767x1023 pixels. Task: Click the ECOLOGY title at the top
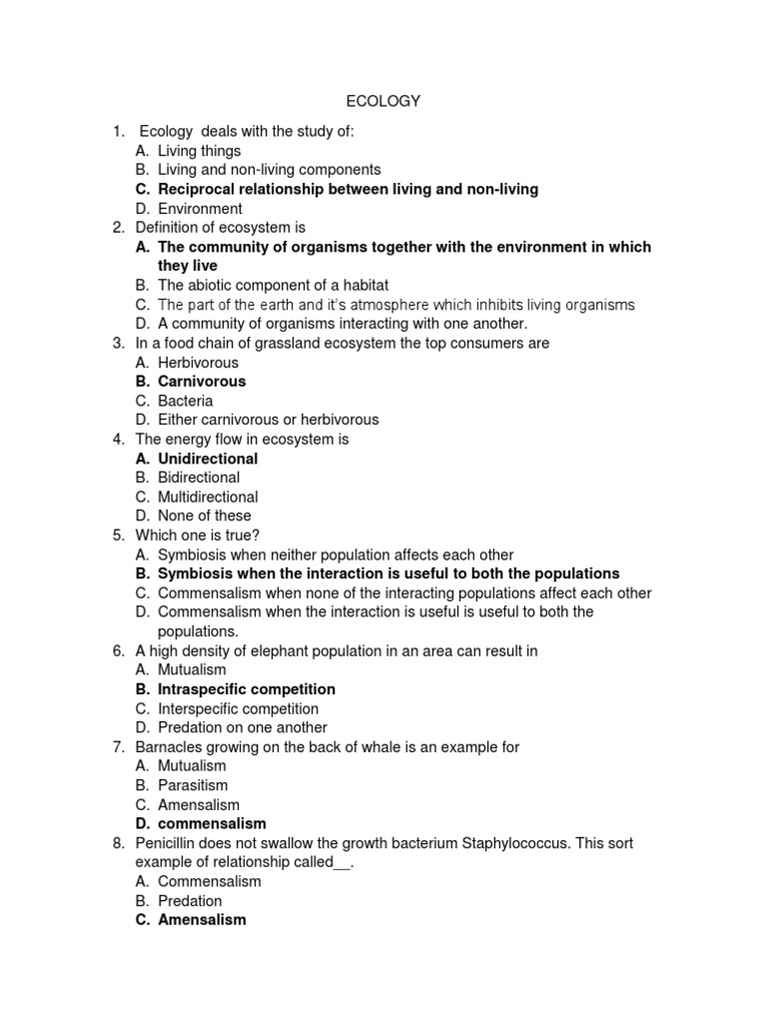click(x=383, y=101)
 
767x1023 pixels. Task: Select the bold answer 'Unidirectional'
click(x=208, y=459)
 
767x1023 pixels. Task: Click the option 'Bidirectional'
click(x=199, y=478)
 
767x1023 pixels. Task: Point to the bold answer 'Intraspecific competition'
click(x=247, y=689)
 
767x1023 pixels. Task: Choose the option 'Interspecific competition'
click(x=238, y=708)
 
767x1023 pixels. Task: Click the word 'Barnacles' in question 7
click(x=167, y=746)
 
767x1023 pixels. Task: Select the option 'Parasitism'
click(x=193, y=785)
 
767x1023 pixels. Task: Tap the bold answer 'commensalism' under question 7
click(x=212, y=824)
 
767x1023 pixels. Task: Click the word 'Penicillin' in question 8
click(x=167, y=843)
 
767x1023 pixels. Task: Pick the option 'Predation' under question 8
click(x=190, y=901)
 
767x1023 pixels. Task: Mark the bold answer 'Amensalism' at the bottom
click(x=202, y=920)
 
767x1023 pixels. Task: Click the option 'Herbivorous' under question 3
click(x=198, y=363)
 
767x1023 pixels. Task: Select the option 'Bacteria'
click(x=186, y=401)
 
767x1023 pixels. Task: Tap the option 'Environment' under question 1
click(x=200, y=209)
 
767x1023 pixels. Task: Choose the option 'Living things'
click(x=200, y=151)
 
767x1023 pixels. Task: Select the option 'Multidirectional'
click(x=208, y=497)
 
